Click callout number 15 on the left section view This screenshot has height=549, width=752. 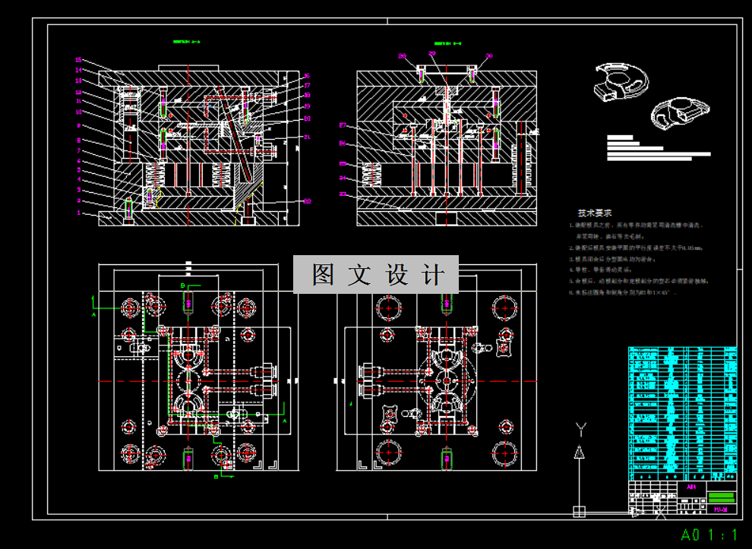(78, 59)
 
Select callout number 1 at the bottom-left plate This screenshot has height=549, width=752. (78, 214)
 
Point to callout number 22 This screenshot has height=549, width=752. (307, 200)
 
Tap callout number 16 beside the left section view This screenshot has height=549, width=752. (307, 76)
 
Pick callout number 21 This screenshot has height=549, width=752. (307, 137)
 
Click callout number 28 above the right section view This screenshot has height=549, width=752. (403, 55)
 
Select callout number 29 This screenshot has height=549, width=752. (432, 55)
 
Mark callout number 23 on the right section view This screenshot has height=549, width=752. (343, 194)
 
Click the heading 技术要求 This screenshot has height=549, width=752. (595, 213)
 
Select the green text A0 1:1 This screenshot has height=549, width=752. (709, 535)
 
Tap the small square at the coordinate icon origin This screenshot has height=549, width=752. (579, 510)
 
